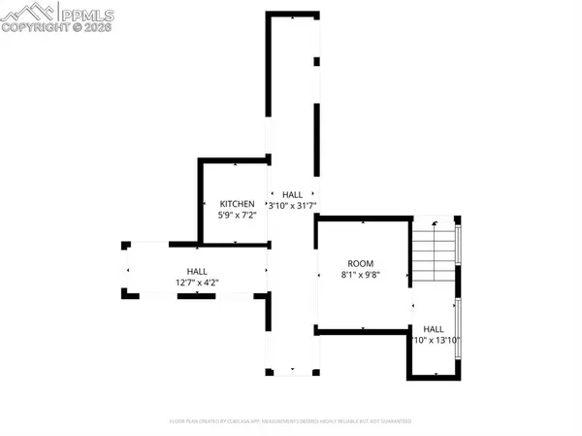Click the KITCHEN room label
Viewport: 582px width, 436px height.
pos(237,204)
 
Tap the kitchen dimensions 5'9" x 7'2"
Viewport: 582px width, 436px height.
pos(237,215)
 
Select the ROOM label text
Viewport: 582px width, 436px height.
pos(362,263)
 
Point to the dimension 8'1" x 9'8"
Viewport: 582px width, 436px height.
pos(362,275)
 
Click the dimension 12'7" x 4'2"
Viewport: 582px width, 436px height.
pos(197,283)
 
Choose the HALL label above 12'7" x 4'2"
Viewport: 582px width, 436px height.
pos(197,272)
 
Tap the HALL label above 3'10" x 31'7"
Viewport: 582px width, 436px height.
pos(292,195)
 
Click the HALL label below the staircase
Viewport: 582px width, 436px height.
pos(434,329)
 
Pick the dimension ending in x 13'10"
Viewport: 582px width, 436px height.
pos(436,340)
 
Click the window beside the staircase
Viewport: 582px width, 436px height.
pos(459,254)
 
